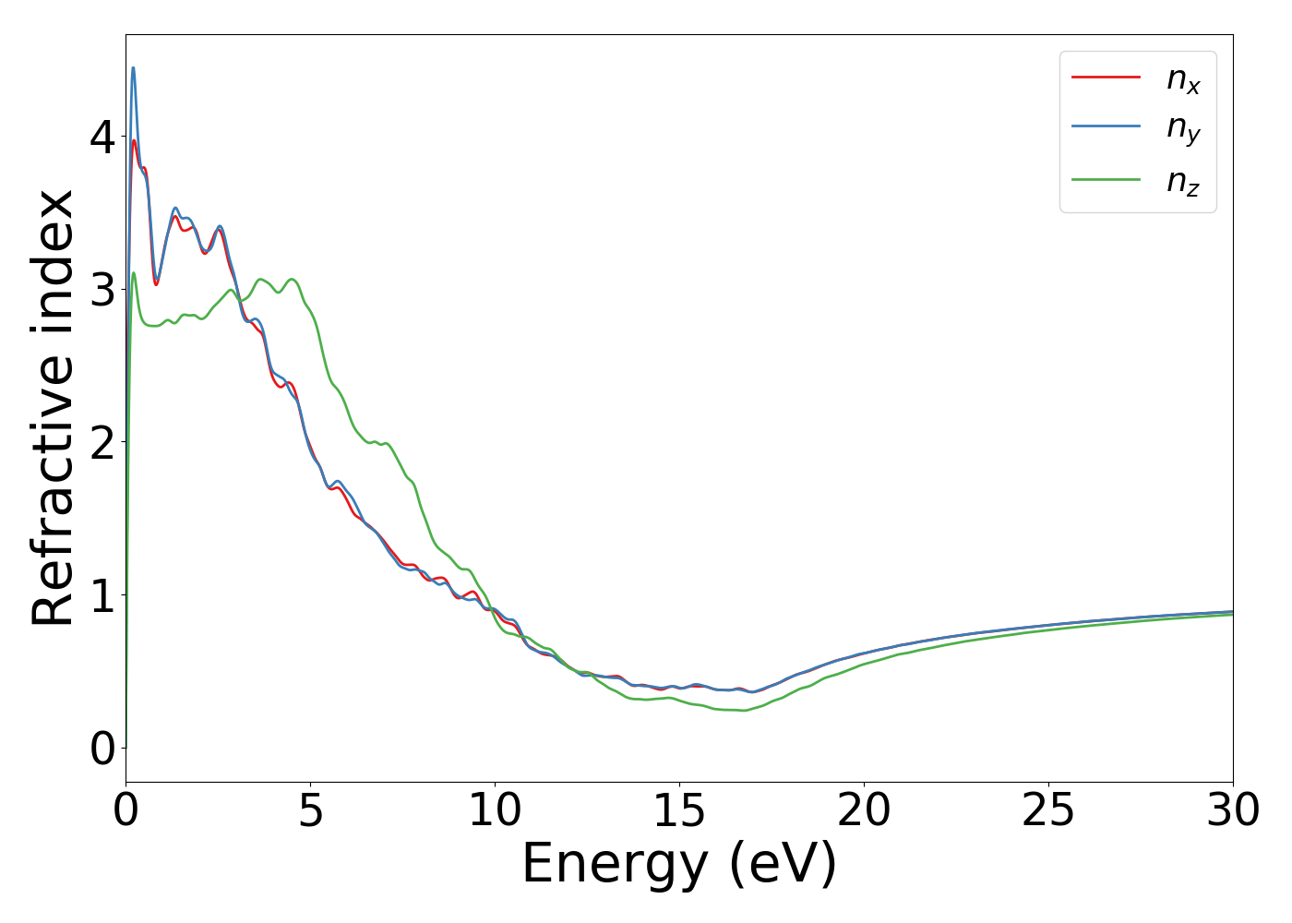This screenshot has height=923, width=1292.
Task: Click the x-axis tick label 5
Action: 311,811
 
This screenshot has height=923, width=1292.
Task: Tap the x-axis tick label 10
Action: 496,811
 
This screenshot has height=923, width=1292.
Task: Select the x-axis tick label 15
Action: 680,811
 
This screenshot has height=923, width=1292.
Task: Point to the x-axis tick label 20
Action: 865,811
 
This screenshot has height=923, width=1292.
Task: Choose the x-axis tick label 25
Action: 1049,811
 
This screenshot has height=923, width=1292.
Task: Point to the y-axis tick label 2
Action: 102,442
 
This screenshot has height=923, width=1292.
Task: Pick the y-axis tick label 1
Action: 102,595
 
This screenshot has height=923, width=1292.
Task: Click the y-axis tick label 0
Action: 102,749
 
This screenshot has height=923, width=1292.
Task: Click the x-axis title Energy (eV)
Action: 679,865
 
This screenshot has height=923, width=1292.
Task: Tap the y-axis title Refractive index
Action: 53,408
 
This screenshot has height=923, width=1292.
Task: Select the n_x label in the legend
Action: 1183,79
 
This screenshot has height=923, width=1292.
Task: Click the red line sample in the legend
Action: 1106,78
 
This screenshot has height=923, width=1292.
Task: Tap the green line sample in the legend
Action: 1106,179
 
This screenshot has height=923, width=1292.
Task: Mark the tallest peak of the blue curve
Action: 133,67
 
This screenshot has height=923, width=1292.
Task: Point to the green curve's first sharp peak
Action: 134,273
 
